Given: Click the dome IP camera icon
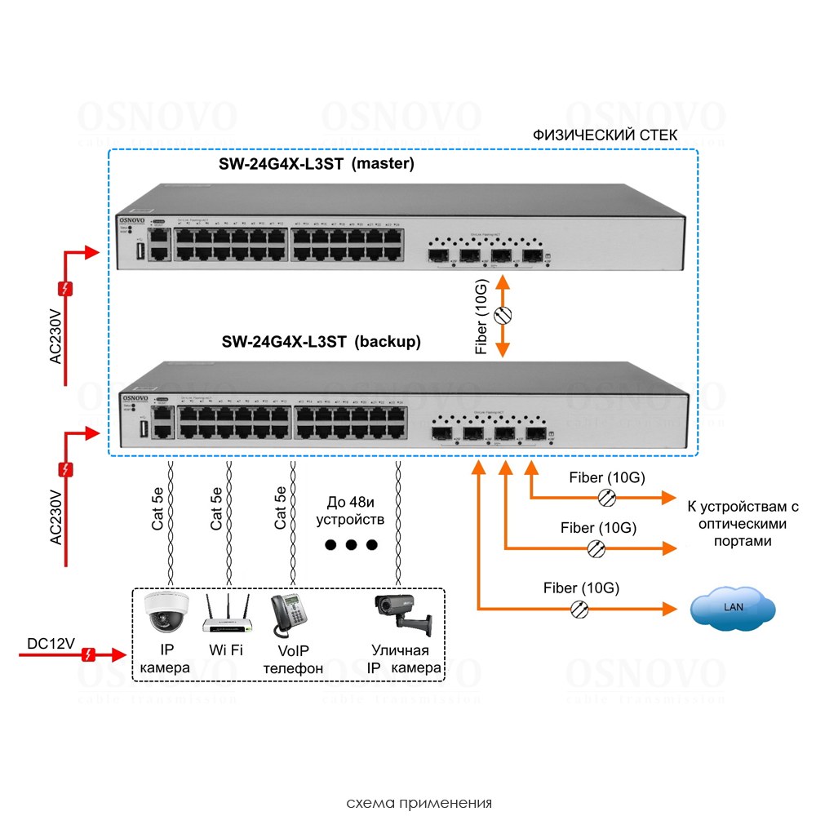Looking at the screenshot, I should (166, 612).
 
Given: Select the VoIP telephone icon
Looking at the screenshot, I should (287, 613).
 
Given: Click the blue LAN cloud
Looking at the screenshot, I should (732, 607).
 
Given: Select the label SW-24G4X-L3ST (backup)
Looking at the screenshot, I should (322, 343).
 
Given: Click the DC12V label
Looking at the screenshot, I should (51, 644).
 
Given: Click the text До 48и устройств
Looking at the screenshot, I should (350, 510).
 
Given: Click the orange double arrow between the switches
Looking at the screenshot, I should (503, 317).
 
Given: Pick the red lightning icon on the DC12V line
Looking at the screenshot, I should (91, 654).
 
